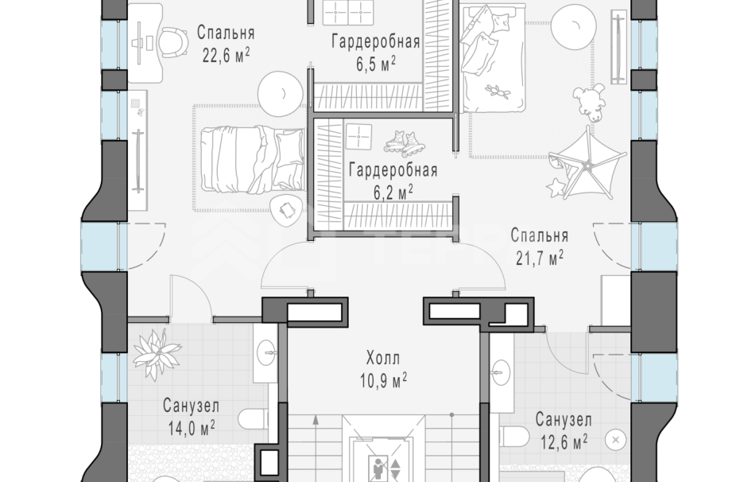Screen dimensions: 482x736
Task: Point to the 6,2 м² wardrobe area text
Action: pyautogui.click(x=393, y=192)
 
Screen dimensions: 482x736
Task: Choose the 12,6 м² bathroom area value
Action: pyautogui.click(x=561, y=439)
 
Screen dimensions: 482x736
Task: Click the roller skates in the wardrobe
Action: pyautogui.click(x=405, y=142)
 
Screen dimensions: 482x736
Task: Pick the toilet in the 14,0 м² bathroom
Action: pyautogui.click(x=254, y=420)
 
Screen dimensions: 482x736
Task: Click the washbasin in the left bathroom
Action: pyautogui.click(x=268, y=348)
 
